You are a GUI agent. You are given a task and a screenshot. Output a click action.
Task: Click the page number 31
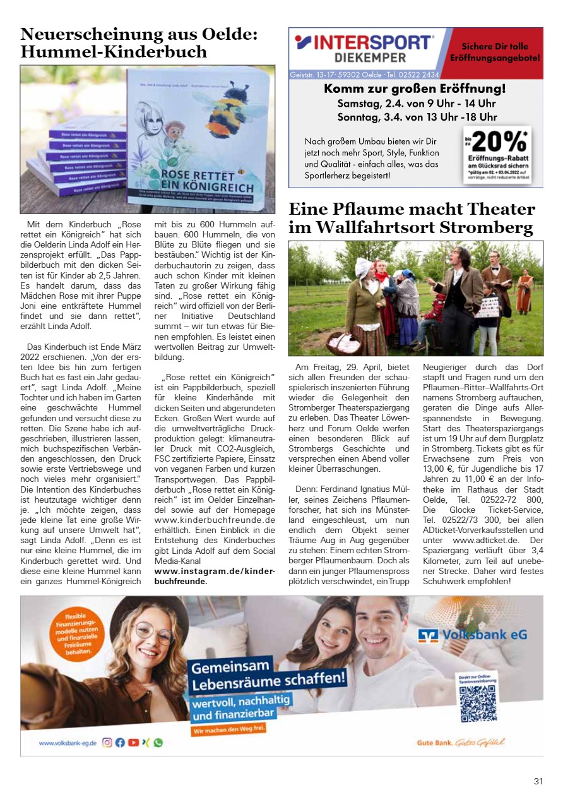coord(538,781)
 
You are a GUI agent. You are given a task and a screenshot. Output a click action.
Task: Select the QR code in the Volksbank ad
coord(478,702)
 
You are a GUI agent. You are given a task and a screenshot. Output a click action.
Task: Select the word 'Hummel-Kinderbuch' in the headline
coord(114,51)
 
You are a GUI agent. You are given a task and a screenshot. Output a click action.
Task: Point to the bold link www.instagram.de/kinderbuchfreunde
coord(215,576)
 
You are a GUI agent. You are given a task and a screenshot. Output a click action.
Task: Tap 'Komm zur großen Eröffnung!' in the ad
coord(415,89)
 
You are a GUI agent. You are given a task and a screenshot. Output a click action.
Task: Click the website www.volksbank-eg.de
coord(68,743)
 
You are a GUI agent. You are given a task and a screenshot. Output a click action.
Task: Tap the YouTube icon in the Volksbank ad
coord(133,743)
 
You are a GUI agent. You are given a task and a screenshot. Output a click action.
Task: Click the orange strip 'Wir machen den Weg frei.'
coord(228,729)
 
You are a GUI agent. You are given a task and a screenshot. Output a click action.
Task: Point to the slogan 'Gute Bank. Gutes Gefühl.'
coord(460,743)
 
